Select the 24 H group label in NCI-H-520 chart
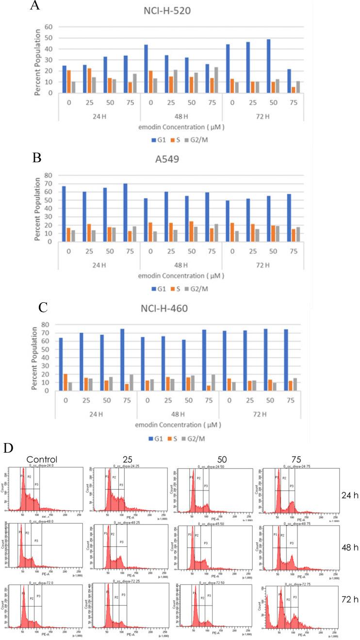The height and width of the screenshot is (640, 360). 98,116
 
